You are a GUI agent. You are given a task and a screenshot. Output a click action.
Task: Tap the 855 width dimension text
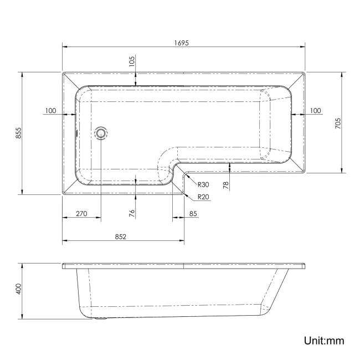pyautogui.click(x=18, y=133)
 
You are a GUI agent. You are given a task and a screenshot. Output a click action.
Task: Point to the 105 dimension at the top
pyautogui.click(x=132, y=61)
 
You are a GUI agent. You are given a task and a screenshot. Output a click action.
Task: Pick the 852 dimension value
pyautogui.click(x=121, y=236)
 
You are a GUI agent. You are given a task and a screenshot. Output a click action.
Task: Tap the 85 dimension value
pyautogui.click(x=193, y=214)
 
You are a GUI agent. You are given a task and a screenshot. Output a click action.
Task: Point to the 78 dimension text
pyautogui.click(x=225, y=186)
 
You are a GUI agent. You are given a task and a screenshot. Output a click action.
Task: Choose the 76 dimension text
pyautogui.click(x=132, y=213)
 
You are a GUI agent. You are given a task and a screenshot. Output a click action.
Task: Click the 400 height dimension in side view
pyautogui.click(x=18, y=289)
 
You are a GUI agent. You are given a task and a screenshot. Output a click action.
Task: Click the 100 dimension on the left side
pyautogui.click(x=51, y=111)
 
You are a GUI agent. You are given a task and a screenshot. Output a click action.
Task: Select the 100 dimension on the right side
pyautogui.click(x=315, y=111)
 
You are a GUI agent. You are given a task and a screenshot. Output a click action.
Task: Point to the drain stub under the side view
pyautogui.click(x=101, y=319)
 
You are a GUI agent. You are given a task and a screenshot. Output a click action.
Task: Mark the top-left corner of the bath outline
pyautogui.click(x=62, y=72)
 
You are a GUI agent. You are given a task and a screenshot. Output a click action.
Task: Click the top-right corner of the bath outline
pyautogui.click(x=305, y=72)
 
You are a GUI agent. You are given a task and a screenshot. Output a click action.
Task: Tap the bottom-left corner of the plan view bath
pyautogui.click(x=62, y=194)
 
